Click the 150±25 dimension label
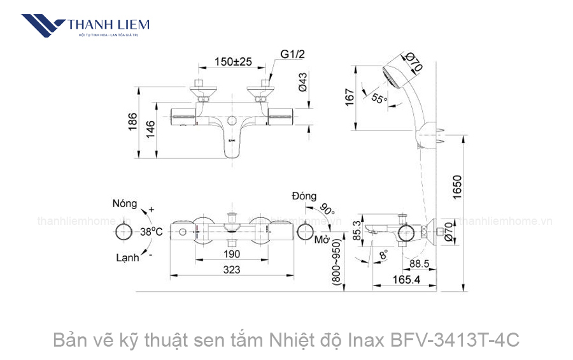pos(233,62)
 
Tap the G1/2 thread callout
pos(293,54)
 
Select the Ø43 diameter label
pos(304,82)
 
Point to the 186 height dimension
pos(132,120)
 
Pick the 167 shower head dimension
pos(349,97)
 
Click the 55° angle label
pos(379,99)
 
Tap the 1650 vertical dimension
pos(457,185)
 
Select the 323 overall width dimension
pos(232,270)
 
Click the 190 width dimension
pos(232,254)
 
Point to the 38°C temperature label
pos(152,233)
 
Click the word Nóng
pos(125,204)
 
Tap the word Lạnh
pos(127,258)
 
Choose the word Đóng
pos(304,196)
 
